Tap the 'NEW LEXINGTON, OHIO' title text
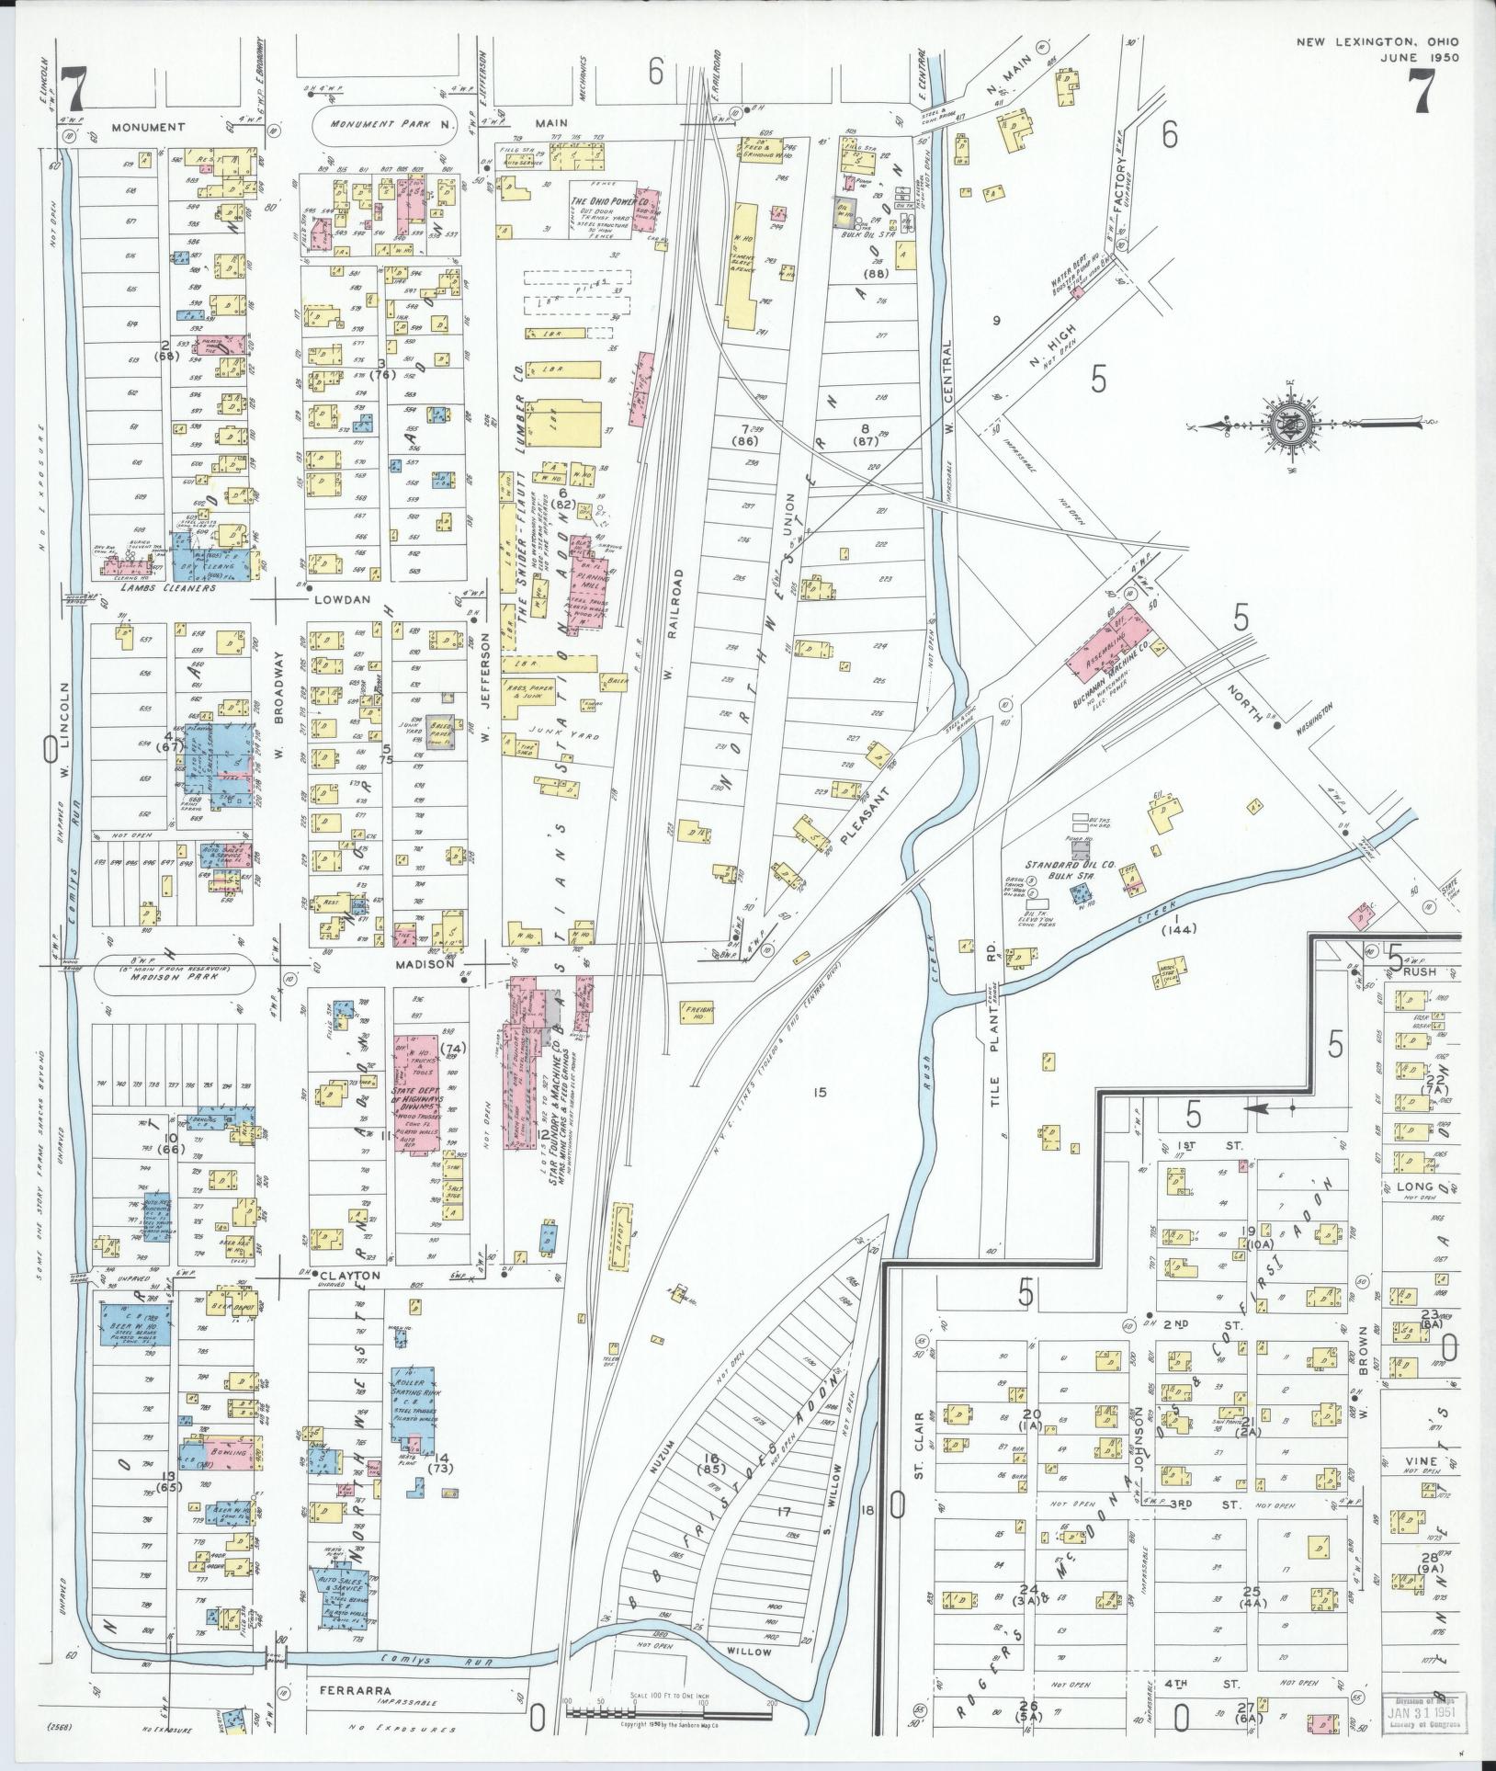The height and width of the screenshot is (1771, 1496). coord(1377,42)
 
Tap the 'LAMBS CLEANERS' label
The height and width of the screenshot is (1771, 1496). coord(175,587)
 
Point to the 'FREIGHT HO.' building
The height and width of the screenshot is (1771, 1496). coord(696,1012)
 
